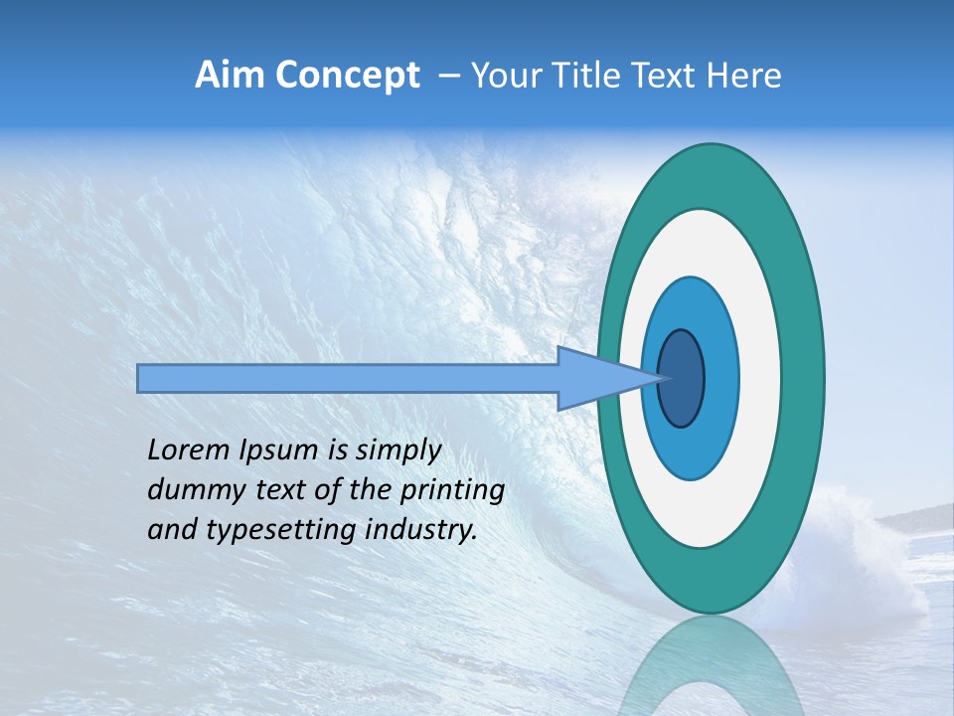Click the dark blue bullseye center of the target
click(x=682, y=379)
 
